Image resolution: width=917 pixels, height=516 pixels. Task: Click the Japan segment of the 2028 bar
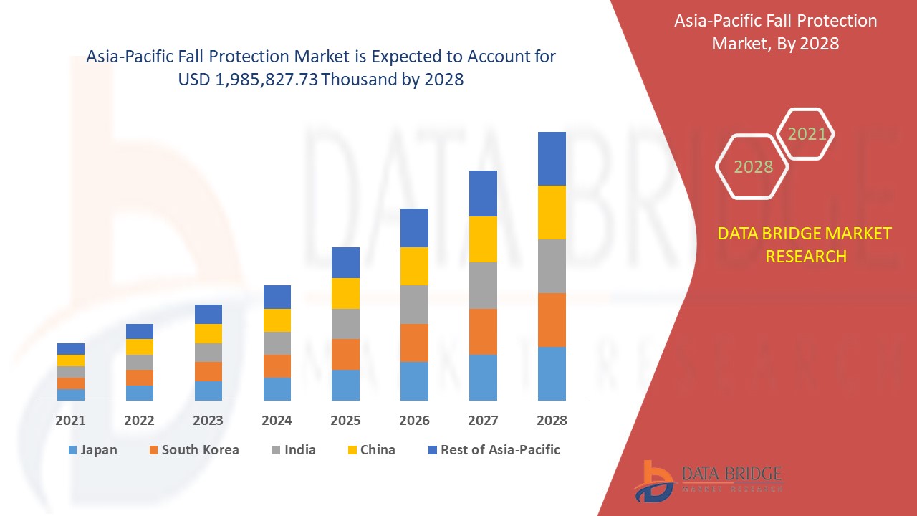click(552, 373)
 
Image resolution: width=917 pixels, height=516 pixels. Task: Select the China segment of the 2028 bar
click(552, 212)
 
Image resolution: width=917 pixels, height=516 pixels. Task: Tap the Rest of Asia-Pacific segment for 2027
click(483, 193)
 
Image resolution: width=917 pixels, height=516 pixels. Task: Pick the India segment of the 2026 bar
click(414, 305)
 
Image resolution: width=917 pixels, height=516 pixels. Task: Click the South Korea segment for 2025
click(345, 354)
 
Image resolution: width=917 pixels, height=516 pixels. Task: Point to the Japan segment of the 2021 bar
click(71, 394)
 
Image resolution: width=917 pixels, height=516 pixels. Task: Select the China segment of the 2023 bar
click(208, 333)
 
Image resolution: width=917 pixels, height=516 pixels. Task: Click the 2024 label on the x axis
click(277, 421)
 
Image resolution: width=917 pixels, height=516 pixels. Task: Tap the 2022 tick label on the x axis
click(139, 421)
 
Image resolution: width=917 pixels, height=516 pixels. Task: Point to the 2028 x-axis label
click(552, 421)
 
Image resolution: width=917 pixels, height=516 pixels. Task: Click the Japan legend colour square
click(72, 450)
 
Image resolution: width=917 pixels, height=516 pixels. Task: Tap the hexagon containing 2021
click(806, 134)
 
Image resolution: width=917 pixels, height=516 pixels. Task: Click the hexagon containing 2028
click(752, 167)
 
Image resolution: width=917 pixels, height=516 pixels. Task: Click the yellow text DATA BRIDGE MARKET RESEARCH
click(805, 244)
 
